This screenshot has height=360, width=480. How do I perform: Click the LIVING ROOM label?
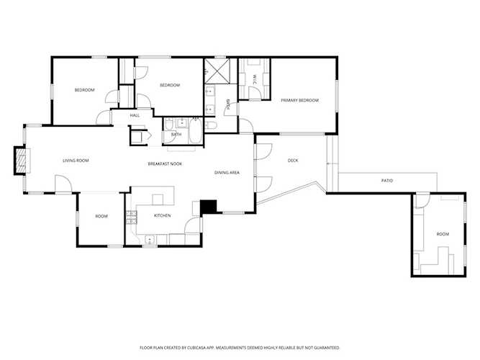(x=75, y=161)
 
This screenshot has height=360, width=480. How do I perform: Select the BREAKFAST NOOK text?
(x=165, y=164)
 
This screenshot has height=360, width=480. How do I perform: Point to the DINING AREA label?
(x=227, y=173)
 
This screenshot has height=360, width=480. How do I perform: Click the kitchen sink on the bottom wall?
(x=150, y=240)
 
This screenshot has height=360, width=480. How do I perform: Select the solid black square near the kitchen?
(x=209, y=206)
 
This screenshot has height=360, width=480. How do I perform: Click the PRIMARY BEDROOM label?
(x=299, y=101)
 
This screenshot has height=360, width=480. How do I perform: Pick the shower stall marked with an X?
(x=215, y=72)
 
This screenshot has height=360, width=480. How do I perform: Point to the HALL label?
(x=135, y=115)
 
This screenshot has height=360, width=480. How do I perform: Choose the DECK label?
(x=293, y=161)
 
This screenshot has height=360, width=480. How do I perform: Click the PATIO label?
(x=386, y=180)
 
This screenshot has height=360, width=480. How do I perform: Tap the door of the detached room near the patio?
(x=422, y=201)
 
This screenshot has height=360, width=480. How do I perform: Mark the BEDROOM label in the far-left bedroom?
(x=85, y=90)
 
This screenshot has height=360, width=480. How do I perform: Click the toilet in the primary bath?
(x=210, y=126)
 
